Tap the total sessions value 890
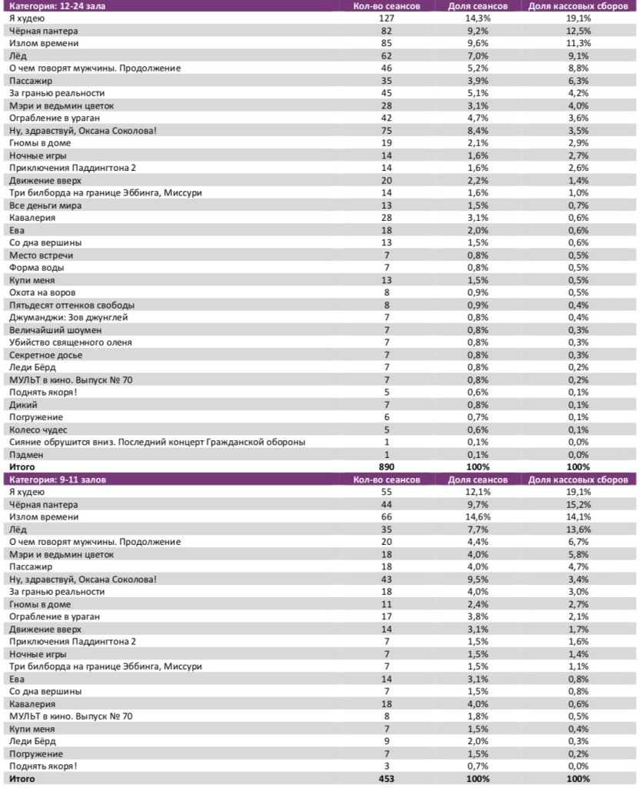pos(386,467)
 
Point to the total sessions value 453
pos(386,779)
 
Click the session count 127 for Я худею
pos(386,18)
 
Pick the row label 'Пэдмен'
pos(26,454)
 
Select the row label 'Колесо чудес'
pos(38,429)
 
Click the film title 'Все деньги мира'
pos(45,205)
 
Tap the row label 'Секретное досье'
pos(45,355)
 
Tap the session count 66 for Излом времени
pos(386,517)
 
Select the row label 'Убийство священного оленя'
pos(70,342)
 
